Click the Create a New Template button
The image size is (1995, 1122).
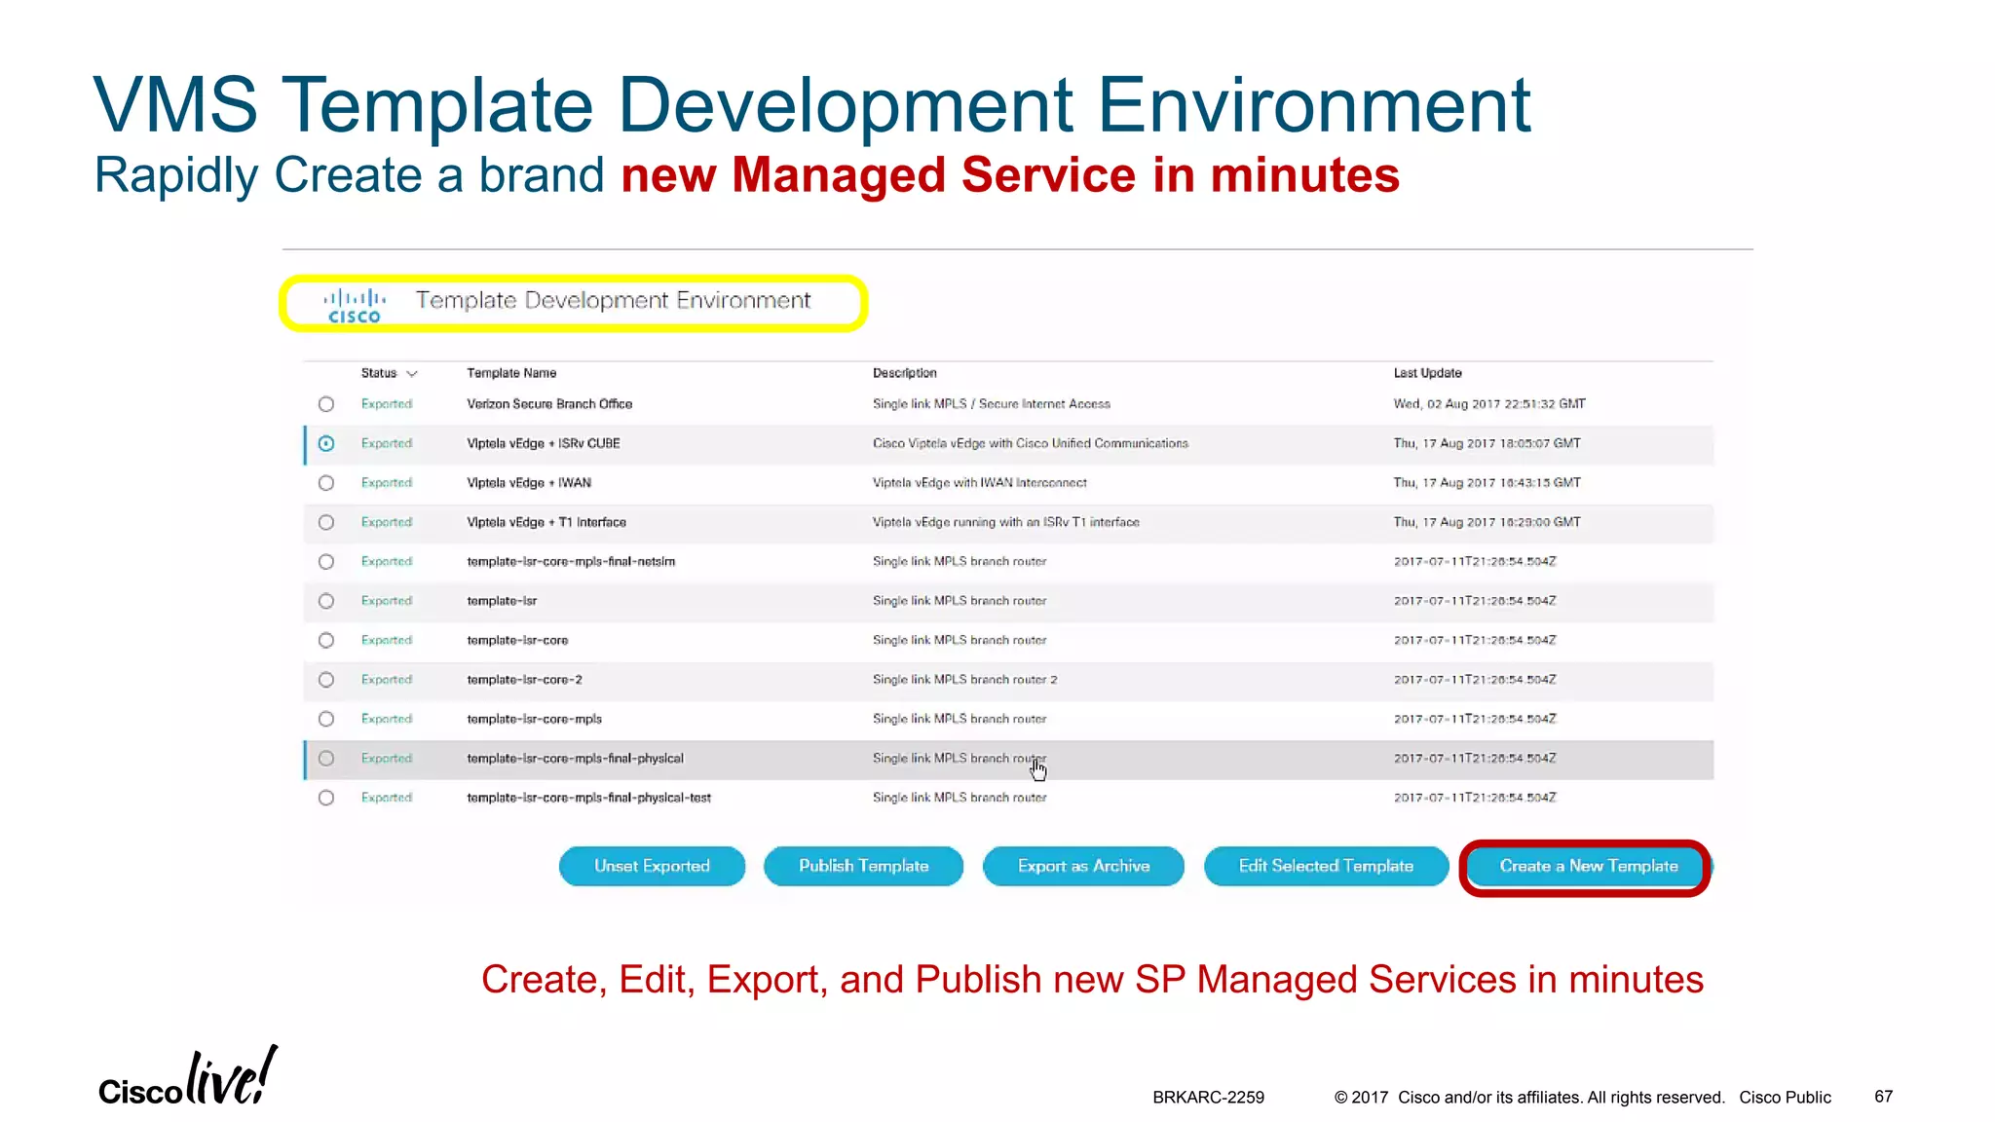point(1588,866)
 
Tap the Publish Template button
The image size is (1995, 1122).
point(863,866)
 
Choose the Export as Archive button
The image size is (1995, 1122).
point(1083,866)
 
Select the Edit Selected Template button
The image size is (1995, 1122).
point(1326,866)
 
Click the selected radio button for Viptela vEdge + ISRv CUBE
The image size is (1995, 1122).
point(326,443)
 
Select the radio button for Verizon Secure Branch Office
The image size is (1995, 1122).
point(326,404)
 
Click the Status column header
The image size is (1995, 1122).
point(379,373)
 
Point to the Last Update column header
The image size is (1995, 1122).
point(1427,373)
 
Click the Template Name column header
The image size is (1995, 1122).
point(511,373)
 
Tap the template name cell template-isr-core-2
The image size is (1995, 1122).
point(524,680)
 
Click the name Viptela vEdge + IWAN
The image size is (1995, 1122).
point(528,483)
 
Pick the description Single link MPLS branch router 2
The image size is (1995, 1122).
point(964,680)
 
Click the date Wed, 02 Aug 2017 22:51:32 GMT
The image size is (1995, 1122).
point(1488,404)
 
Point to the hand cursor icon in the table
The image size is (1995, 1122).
point(1038,770)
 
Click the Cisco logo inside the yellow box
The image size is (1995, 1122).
point(355,305)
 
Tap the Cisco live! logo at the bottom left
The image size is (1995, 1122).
point(187,1079)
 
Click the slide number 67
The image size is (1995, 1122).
point(1883,1097)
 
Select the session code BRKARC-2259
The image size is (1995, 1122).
point(1208,1098)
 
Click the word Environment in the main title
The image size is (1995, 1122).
point(1314,105)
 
